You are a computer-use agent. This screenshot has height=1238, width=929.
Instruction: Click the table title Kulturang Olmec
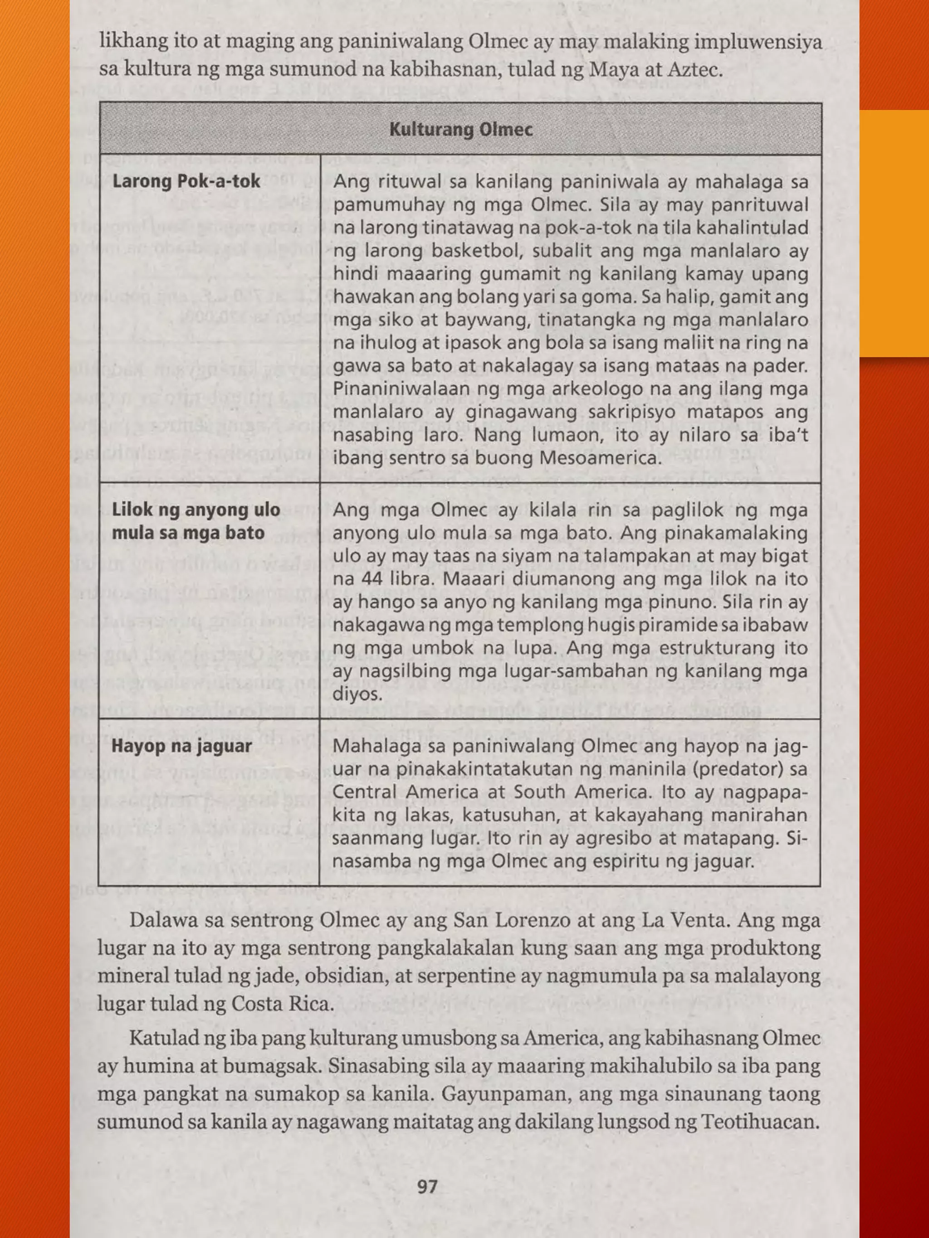click(460, 130)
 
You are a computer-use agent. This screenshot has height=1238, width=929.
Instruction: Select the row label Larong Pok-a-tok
click(186, 181)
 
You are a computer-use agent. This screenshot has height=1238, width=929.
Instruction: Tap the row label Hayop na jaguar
click(181, 747)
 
